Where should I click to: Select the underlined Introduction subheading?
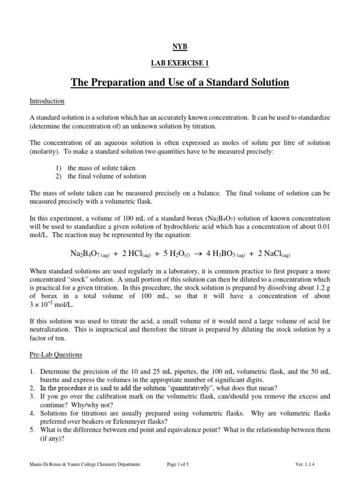[47, 101]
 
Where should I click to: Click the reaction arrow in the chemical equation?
[198, 254]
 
